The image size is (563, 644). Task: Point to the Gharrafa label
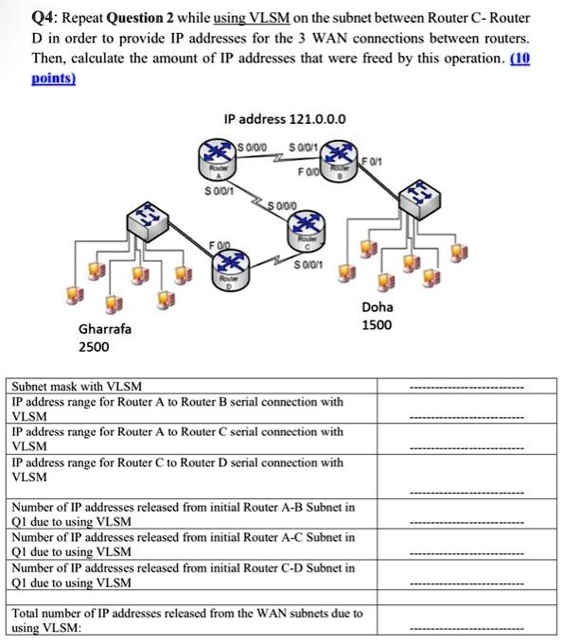click(x=104, y=329)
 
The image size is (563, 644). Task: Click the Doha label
click(x=378, y=307)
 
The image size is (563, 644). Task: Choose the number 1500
click(x=378, y=325)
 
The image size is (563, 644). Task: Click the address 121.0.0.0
click(x=285, y=119)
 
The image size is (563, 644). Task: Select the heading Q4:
click(x=44, y=19)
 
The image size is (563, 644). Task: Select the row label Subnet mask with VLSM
click(x=77, y=388)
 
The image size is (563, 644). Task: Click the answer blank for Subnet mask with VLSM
click(x=466, y=388)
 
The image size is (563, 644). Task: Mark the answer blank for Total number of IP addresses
click(x=466, y=627)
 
